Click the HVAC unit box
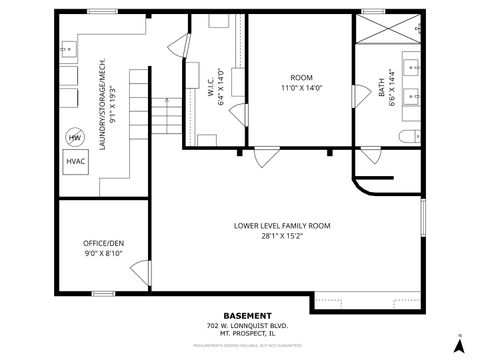click(x=75, y=161)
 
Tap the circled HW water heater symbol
click(x=75, y=137)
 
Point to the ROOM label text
click(x=301, y=78)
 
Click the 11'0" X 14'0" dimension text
click(x=301, y=88)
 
